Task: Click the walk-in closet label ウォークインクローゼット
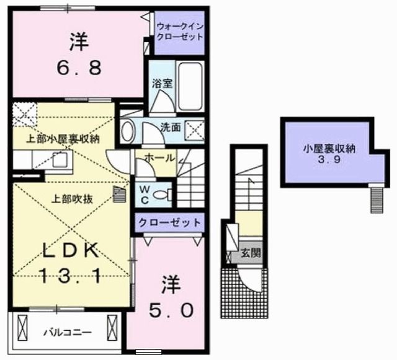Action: tap(180, 31)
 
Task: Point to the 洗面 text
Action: tap(171, 128)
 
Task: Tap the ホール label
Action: tap(159, 158)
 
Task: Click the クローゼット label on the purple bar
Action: tap(169, 222)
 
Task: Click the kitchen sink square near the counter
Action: tap(60, 160)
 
